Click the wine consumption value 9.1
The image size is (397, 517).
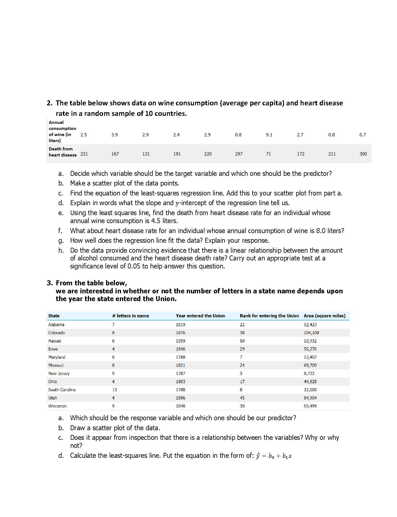pos(269,135)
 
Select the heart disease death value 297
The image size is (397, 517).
pos(239,154)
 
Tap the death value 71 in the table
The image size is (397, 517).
pos(268,154)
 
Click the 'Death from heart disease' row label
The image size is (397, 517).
pos(62,152)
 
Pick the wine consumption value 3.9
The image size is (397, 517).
pos(114,135)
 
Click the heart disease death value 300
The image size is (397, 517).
pos(363,154)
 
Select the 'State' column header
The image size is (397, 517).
pos(54,316)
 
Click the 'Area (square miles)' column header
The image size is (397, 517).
pos(324,316)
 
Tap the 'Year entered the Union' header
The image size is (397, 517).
pos(200,316)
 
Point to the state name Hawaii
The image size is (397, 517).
pos(54,341)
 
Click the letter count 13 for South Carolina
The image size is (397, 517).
pos(114,390)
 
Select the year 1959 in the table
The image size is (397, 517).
pos(180,341)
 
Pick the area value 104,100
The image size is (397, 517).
pos(311,333)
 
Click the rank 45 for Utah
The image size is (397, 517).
pos(242,398)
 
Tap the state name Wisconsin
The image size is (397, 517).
pos(57,406)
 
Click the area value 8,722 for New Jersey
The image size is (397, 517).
pos(309,373)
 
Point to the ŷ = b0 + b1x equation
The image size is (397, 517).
pos(274,456)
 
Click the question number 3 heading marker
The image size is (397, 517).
pos(49,283)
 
